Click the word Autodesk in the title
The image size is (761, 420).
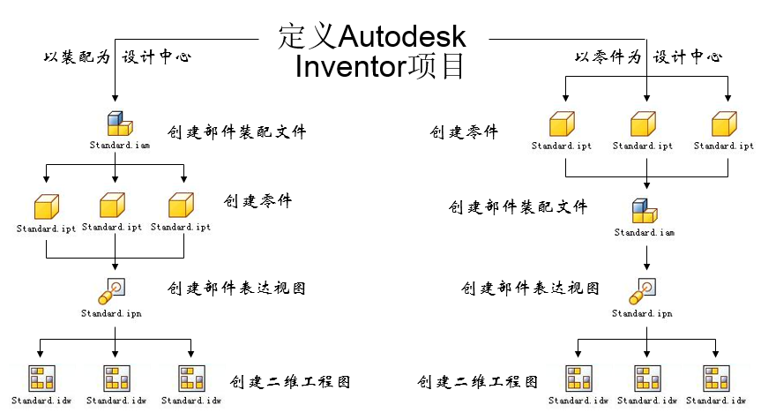coord(402,37)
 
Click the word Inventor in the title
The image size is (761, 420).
coord(351,67)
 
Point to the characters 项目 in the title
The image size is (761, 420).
coord(436,67)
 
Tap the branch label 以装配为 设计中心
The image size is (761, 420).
coord(117,56)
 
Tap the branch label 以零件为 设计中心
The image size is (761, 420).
coord(648,56)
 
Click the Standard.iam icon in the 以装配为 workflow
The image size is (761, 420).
coord(117,124)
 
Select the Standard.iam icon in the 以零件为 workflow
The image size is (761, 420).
coord(645,212)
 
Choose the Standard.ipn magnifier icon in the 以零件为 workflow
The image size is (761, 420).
coord(644,290)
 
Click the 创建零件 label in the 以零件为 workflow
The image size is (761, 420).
coord(464,132)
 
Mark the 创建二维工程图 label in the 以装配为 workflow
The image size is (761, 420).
coord(290,382)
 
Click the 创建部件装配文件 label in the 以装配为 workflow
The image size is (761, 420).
coord(236,132)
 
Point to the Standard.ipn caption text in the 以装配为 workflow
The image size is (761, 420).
coord(111,313)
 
